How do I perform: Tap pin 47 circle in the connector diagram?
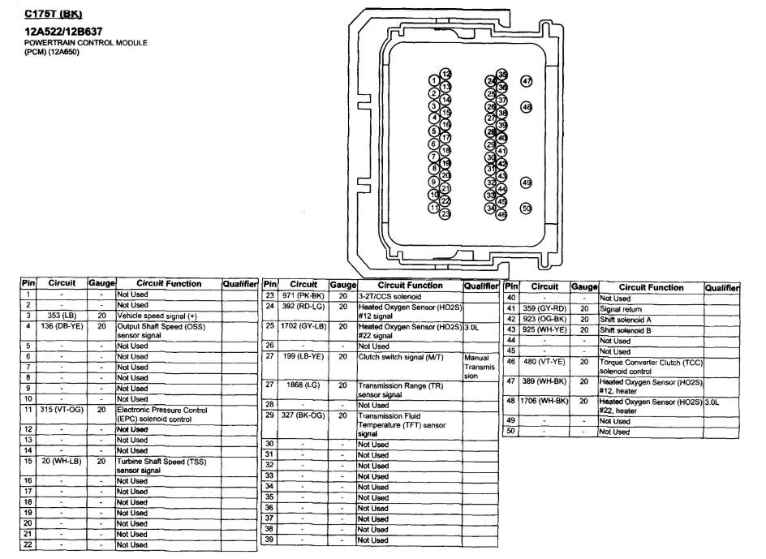point(527,81)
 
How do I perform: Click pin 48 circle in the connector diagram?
point(527,107)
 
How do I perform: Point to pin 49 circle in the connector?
point(527,183)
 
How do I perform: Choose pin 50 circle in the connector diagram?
point(527,209)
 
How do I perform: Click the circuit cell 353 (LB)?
point(62,315)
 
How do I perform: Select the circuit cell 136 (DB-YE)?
point(62,326)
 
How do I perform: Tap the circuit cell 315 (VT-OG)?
point(62,410)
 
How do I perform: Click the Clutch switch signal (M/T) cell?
point(397,356)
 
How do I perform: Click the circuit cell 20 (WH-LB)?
point(62,461)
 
